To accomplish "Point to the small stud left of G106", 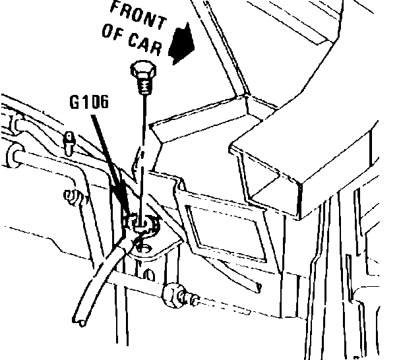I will click(x=69, y=139).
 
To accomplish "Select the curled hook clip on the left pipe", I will click(x=75, y=195).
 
